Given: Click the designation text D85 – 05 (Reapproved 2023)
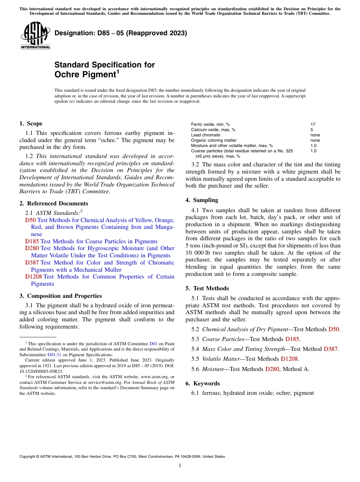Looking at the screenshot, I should click(121, 33).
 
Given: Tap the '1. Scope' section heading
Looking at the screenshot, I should click(31, 124).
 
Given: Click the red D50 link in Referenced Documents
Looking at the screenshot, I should click(30, 220).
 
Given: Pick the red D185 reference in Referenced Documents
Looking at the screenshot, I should click(32, 241).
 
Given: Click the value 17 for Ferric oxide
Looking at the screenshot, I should click(313, 124).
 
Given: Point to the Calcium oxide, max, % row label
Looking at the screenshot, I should click(213, 130).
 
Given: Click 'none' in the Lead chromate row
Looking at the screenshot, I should click(315, 135).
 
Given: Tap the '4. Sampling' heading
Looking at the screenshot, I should click(202, 200).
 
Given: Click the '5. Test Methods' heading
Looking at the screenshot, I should click(207, 288).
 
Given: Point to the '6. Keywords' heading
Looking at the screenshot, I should click(202, 383).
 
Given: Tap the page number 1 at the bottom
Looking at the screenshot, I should click(180, 466).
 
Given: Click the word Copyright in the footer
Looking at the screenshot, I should click(28, 457).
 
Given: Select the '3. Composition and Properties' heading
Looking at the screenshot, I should click(60, 296).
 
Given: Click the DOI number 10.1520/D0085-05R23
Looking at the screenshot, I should click(41, 371).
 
